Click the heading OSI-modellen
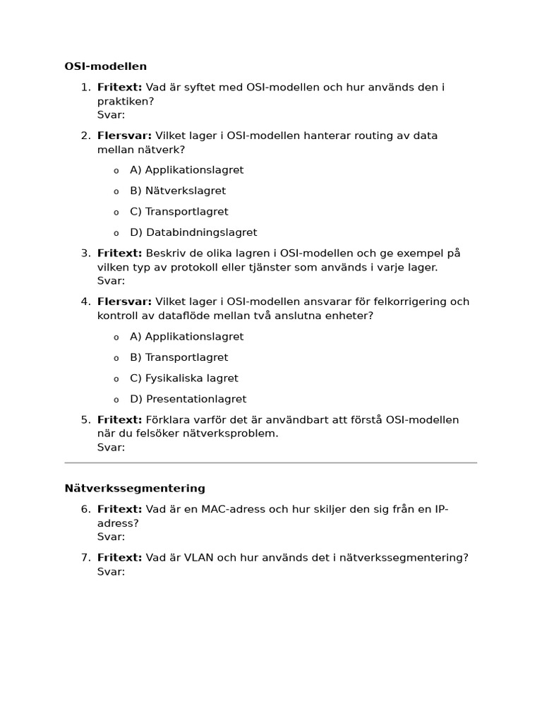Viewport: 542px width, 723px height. coord(105,66)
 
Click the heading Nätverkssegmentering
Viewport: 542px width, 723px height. coord(135,488)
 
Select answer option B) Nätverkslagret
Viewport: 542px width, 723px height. coord(178,191)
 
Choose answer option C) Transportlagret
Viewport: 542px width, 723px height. coord(179,212)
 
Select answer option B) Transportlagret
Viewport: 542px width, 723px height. coord(179,357)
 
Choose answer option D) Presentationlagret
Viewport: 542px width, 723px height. coord(188,399)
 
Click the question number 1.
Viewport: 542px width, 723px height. coord(85,88)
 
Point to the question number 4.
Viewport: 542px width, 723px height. coord(85,301)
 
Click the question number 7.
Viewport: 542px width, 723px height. coord(85,558)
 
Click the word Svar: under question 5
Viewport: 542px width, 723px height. coord(111,447)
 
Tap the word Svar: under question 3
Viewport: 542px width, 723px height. coord(111,280)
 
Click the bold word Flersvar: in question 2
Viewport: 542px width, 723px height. coord(124,136)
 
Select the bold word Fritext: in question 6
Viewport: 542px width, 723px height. coord(119,509)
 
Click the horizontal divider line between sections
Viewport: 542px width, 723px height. coord(271,463)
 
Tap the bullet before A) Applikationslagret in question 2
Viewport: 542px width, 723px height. coord(116,171)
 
